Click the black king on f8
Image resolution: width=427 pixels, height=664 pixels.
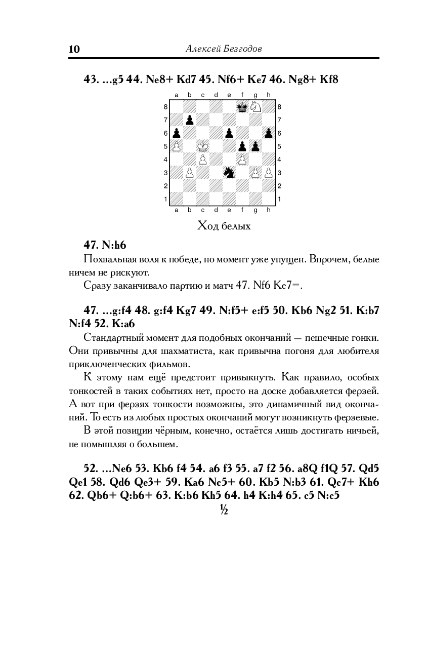(242, 107)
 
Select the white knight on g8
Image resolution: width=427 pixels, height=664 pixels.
(255, 107)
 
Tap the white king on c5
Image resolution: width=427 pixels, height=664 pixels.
(203, 146)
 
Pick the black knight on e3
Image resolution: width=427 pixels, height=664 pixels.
(229, 173)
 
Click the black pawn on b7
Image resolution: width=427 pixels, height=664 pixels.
(190, 120)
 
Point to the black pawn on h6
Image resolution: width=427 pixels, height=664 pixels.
(269, 133)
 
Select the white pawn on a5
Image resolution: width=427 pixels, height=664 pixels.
(177, 146)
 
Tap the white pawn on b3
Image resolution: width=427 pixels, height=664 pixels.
(190, 173)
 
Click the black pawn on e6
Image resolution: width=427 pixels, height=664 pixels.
(229, 133)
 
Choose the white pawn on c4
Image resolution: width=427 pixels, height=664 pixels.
(203, 160)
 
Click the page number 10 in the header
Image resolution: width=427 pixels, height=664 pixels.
(74, 49)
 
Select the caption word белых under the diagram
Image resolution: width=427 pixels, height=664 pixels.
(236, 226)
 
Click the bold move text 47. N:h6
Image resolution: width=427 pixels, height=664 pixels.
(105, 245)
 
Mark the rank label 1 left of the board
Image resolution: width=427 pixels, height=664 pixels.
(165, 199)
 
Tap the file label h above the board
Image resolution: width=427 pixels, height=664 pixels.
(269, 95)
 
